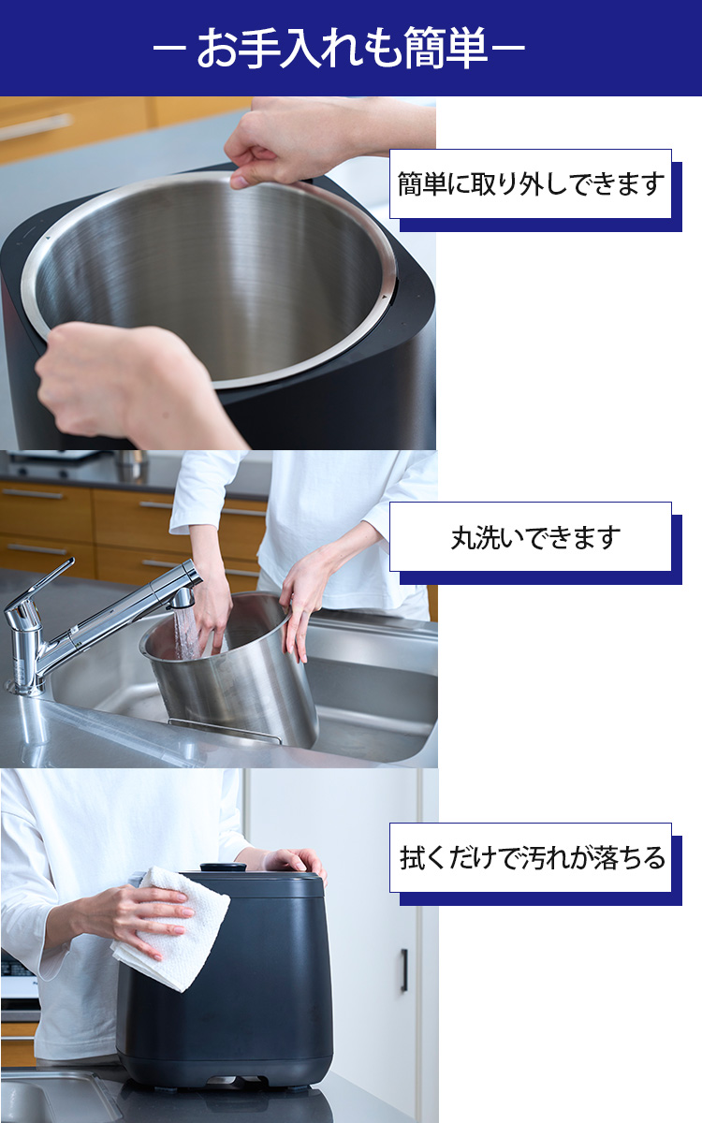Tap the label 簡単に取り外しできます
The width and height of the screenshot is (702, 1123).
point(531,183)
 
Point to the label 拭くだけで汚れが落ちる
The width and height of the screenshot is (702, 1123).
point(531,857)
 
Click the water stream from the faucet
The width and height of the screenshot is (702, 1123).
point(185,632)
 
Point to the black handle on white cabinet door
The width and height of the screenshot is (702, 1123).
point(404,970)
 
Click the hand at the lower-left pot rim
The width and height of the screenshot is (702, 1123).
point(103,374)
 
